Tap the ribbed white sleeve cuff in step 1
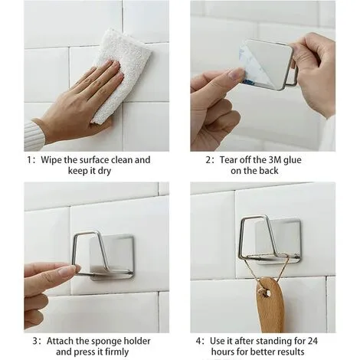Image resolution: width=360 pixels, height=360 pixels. pos(34,136)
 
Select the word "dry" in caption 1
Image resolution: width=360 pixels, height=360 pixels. pos(104,171)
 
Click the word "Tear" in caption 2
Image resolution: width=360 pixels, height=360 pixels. pos(228,160)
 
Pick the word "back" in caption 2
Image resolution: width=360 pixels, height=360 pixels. pos(268,171)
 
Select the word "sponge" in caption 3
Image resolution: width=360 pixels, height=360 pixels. pos(106,342)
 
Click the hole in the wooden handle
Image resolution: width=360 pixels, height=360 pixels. pos(267,293)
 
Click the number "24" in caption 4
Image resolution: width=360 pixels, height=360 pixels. pos(313,341)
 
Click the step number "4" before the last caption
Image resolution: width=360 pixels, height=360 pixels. pos(199,341)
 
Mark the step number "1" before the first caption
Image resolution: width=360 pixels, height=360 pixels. pos(30,160)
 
